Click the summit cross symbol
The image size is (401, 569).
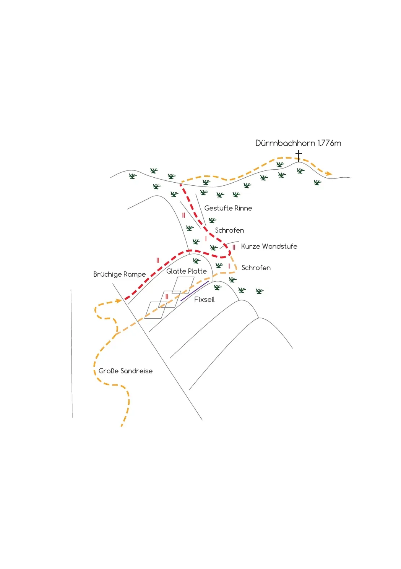coord(299,156)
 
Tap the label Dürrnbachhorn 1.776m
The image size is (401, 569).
coord(298,143)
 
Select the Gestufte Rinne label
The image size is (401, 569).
coord(228,208)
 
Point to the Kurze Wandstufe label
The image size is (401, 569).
coord(269,246)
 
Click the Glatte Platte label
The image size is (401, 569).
coord(186,271)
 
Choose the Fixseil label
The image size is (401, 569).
coord(204,300)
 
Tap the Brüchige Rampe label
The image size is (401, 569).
coord(119,274)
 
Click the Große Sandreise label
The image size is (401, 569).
coord(125,371)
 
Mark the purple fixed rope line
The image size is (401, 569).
coord(195,291)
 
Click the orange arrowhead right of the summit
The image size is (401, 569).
coord(329,173)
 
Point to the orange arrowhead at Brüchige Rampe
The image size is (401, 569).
coord(119,301)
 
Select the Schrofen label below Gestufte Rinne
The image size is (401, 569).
coord(229,230)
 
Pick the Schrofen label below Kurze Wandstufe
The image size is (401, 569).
coord(256,268)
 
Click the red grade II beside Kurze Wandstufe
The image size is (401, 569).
coord(234,247)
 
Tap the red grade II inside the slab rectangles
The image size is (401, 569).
coord(167,297)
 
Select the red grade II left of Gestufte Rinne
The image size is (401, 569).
coord(183,216)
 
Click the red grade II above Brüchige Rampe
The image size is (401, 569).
coord(158,260)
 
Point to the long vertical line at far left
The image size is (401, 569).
coord(71,353)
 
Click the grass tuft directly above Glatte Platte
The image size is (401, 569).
coord(196,261)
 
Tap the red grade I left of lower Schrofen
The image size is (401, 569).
coord(229,266)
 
